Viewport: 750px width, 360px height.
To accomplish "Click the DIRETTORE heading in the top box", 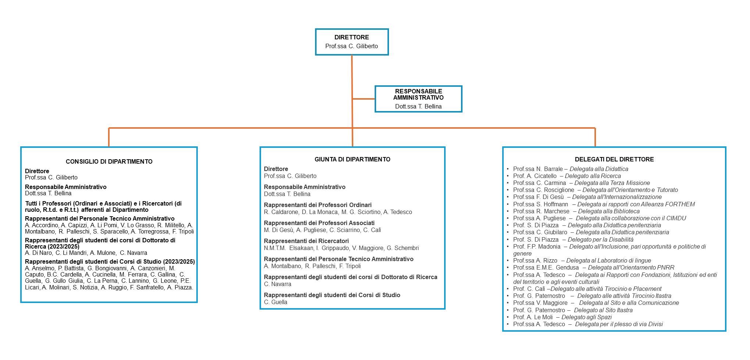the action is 351,37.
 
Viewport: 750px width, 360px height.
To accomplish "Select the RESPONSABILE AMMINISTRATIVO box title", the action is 418,95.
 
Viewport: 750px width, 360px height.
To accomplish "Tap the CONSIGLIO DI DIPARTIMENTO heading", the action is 109,161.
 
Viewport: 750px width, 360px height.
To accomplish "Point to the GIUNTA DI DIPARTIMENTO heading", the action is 353,159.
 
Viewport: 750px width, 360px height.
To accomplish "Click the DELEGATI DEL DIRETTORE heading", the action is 614,159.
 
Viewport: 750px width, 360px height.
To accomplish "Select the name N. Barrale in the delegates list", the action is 549,169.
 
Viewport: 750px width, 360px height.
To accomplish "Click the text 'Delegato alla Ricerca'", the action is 593,176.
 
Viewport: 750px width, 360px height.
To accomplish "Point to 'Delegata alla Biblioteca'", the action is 608,211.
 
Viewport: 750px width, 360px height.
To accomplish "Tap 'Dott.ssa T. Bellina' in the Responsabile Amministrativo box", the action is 418,107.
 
